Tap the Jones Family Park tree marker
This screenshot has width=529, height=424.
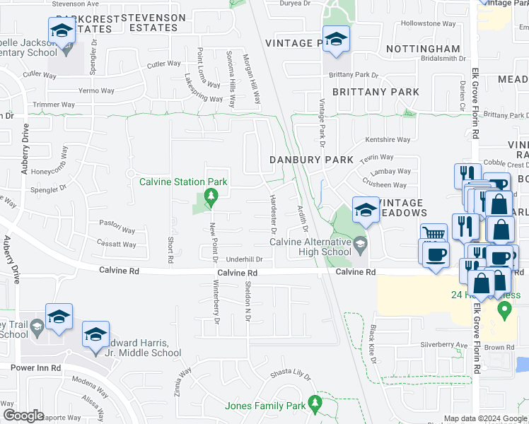pos(315,404)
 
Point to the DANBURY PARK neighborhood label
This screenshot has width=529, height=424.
pos(311,160)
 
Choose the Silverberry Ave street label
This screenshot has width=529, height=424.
pos(444,345)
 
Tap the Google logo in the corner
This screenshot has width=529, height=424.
pos(23,416)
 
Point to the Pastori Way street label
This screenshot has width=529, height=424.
pos(117,229)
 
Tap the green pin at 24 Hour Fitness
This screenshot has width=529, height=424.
pos(504,310)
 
